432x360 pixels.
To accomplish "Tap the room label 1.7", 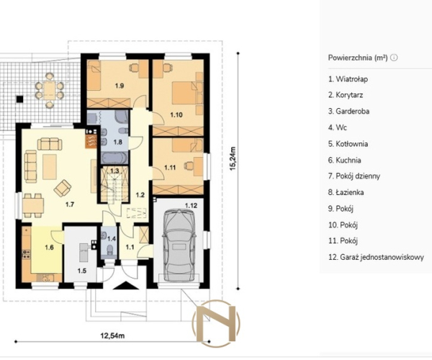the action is click(x=70, y=204).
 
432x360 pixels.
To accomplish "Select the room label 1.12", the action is click(x=191, y=205).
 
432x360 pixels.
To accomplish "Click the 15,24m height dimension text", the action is click(x=233, y=158).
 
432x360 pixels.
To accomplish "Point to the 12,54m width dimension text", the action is click(x=112, y=336).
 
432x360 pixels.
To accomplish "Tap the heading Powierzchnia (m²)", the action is click(x=358, y=58).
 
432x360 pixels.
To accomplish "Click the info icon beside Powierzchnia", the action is click(x=395, y=58).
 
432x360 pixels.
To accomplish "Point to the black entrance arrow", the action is click(x=125, y=285).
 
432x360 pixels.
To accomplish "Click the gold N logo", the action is click(x=216, y=323).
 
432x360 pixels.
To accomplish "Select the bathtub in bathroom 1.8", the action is click(x=114, y=158).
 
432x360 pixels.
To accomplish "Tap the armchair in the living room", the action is click(x=63, y=188).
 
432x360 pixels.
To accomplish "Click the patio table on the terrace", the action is click(x=50, y=90).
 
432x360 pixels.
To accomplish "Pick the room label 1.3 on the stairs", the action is click(x=114, y=171).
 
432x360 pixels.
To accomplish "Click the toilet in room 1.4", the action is click(x=110, y=250).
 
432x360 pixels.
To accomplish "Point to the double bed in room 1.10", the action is click(x=185, y=93).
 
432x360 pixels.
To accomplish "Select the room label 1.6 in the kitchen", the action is click(x=49, y=248).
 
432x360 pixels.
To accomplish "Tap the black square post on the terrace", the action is click(x=19, y=99).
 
